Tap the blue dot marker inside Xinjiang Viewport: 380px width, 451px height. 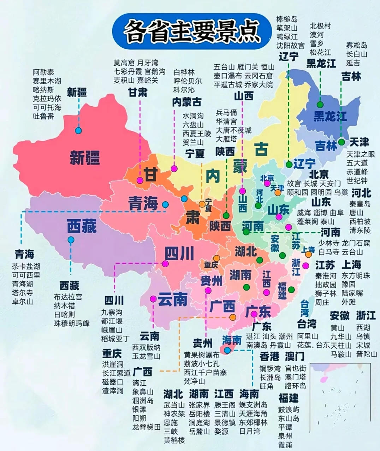pyautogui.click(x=78, y=130)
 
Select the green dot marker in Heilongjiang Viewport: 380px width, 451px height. pyautogui.click(x=320, y=104)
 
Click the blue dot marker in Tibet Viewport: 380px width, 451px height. pyautogui.click(x=71, y=240)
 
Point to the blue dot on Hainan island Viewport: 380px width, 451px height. pyautogui.click(x=227, y=350)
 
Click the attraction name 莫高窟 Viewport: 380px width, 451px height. pyautogui.click(x=124, y=63)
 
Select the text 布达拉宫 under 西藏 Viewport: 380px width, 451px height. pyautogui.click(x=68, y=297)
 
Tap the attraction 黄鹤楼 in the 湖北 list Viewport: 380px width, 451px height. pyautogui.click(x=174, y=440)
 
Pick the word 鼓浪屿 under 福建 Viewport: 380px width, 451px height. pyautogui.click(x=289, y=410)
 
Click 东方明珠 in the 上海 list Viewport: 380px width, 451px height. pyautogui.click(x=356, y=276)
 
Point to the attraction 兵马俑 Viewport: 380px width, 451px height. pyautogui.click(x=226, y=113)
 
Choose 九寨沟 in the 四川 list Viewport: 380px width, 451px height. pyautogui.click(x=112, y=312)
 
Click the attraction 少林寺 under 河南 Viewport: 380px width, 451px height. pyautogui.click(x=329, y=243)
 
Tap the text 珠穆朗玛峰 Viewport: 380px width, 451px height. pyautogui.click(x=72, y=323)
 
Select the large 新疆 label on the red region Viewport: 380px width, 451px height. pyautogui.click(x=84, y=157)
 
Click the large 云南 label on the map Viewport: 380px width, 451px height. pyautogui.click(x=172, y=300)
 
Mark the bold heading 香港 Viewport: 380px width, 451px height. pyautogui.click(x=269, y=356)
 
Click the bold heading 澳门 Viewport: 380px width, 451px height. pyautogui.click(x=295, y=356)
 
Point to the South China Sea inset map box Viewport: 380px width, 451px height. pyautogui.click(x=340, y=393)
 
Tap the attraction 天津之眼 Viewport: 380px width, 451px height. pyautogui.click(x=361, y=154)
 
